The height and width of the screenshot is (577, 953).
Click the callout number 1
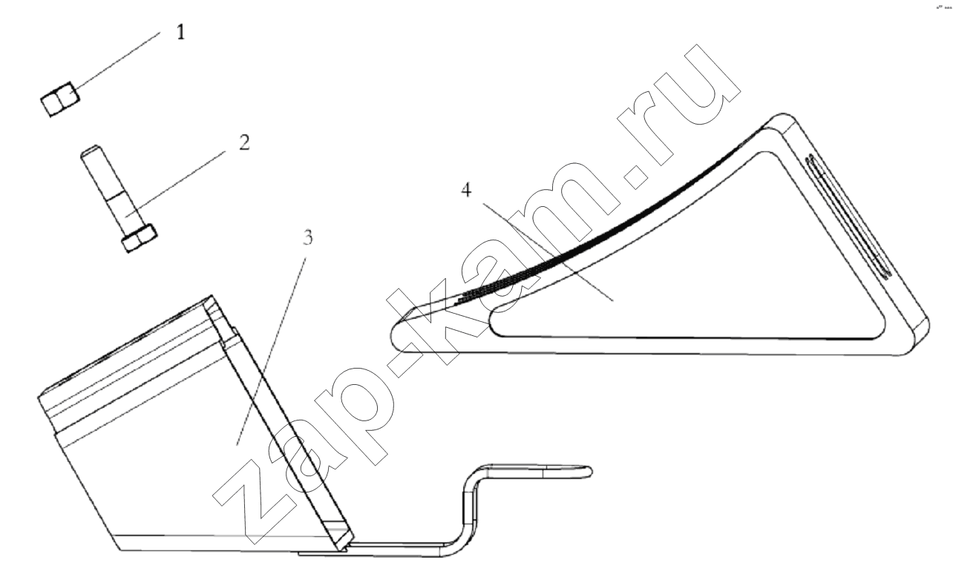point(181,33)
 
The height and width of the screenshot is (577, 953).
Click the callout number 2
point(244,142)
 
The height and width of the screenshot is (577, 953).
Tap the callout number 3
point(307,237)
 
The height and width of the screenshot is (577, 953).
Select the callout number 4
point(466,190)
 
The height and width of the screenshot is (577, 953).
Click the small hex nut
point(60,100)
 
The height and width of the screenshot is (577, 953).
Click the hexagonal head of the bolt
point(139,240)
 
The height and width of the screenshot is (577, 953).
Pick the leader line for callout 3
point(271,351)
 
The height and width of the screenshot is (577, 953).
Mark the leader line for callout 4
point(548,252)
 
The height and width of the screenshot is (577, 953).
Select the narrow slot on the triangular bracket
point(849,217)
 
